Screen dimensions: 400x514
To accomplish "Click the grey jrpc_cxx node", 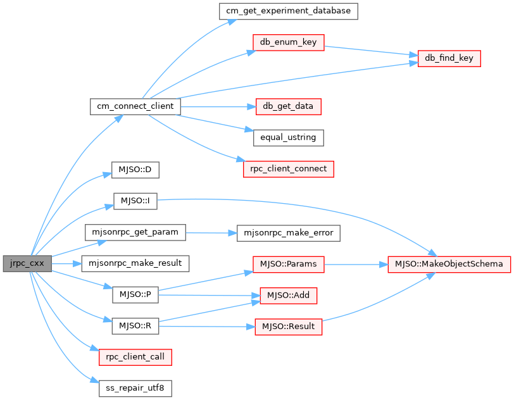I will point(27,263).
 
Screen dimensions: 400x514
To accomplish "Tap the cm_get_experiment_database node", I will point(289,11).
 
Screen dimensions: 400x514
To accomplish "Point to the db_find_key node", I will point(449,58).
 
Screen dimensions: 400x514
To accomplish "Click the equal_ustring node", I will point(289,137).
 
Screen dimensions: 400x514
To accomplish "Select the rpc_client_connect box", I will point(289,169).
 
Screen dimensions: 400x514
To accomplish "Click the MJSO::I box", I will point(135,201).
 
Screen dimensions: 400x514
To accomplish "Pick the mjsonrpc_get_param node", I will point(135,232).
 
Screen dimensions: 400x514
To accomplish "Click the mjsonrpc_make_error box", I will point(289,232).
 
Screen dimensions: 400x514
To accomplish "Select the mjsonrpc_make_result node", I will point(135,263).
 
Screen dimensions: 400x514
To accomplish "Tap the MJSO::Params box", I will point(289,263).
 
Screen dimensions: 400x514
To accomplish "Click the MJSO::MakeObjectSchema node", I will point(449,263).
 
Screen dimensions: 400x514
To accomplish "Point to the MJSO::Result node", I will point(289,326).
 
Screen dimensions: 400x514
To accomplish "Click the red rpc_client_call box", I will point(135,356).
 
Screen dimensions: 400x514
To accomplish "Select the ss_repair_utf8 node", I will point(135,387).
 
